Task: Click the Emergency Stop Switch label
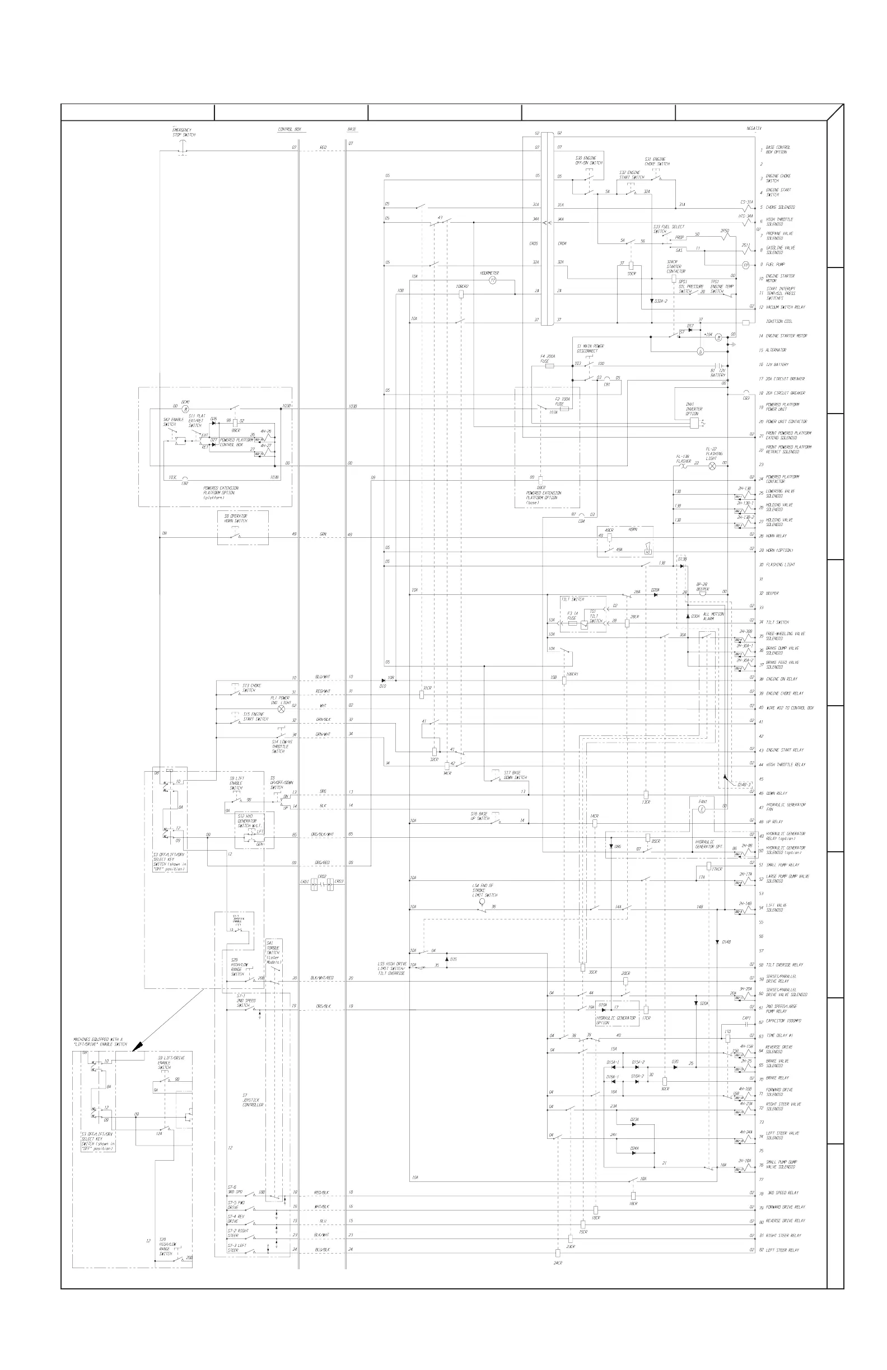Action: pyautogui.click(x=184, y=133)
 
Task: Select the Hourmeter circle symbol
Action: pyautogui.click(x=492, y=280)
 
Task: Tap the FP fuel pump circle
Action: pyautogui.click(x=745, y=265)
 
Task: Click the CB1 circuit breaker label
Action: pyautogui.click(x=606, y=384)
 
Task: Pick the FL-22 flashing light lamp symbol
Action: pyautogui.click(x=712, y=465)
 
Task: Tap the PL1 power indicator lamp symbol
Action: pyautogui.click(x=282, y=709)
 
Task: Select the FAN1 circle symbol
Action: pyautogui.click(x=702, y=809)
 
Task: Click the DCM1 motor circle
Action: pyautogui.click(x=185, y=409)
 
